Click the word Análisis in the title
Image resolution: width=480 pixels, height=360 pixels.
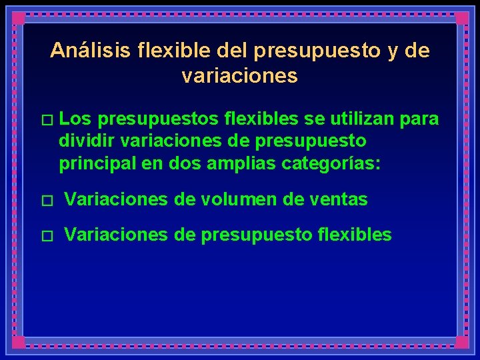(86, 51)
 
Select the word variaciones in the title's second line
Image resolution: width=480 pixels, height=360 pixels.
(239, 76)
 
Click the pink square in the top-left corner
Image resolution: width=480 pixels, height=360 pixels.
(18, 18)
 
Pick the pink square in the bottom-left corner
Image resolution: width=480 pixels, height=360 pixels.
(18, 342)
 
